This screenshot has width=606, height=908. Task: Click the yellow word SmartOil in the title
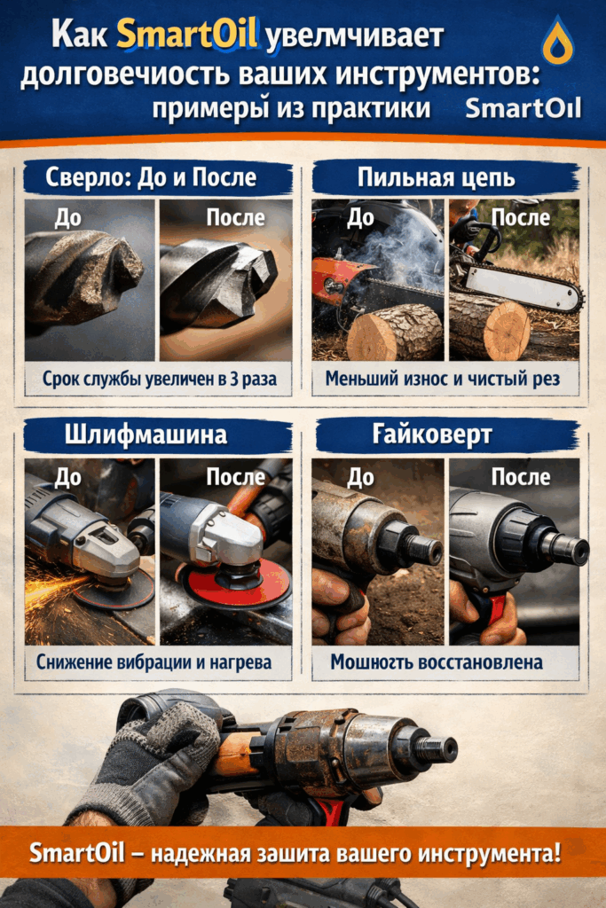187,35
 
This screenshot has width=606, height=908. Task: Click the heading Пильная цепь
436,178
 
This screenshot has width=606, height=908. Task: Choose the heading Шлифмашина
146,435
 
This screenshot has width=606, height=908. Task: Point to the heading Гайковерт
435,435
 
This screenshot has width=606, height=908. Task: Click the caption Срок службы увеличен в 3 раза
159,380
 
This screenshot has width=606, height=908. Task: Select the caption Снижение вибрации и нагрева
153,661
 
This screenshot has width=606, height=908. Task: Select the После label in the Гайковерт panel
521,477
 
